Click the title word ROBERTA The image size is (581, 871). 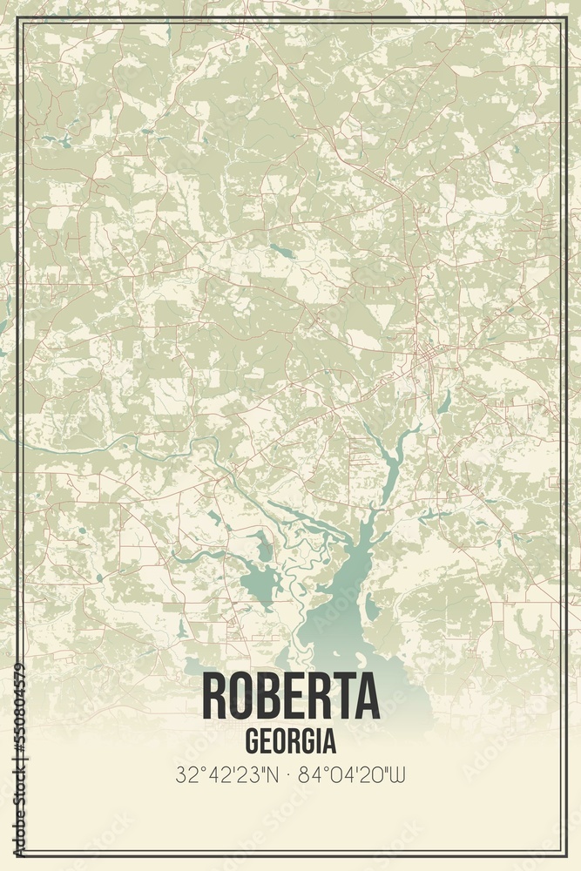click(x=290, y=695)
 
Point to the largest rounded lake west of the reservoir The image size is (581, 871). click(x=259, y=579)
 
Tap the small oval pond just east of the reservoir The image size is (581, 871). click(x=372, y=605)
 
